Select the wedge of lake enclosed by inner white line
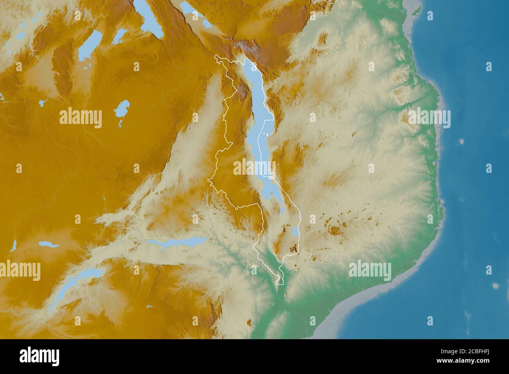267,149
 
